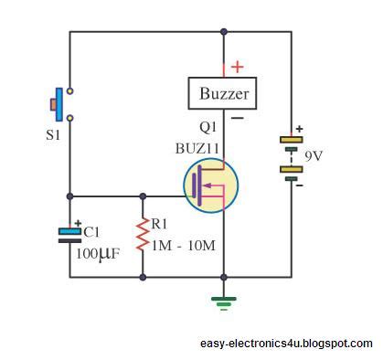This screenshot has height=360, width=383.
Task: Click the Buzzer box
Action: [224, 93]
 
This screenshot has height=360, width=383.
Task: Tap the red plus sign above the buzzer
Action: [238, 67]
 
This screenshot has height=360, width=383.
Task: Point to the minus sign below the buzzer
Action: [237, 117]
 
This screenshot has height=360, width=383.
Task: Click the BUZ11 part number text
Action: [198, 146]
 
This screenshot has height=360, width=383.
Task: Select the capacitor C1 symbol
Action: [70, 236]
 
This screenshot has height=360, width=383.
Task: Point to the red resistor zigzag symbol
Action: [144, 236]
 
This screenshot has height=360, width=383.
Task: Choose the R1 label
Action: [161, 222]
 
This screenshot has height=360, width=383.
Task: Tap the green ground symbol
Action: [223, 300]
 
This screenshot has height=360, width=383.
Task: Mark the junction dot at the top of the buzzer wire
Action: [223, 33]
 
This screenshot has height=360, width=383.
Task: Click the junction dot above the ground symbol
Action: [223, 277]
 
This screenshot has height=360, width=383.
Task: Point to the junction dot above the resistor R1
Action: [144, 196]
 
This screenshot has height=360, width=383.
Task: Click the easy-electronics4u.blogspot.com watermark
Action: [286, 344]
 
